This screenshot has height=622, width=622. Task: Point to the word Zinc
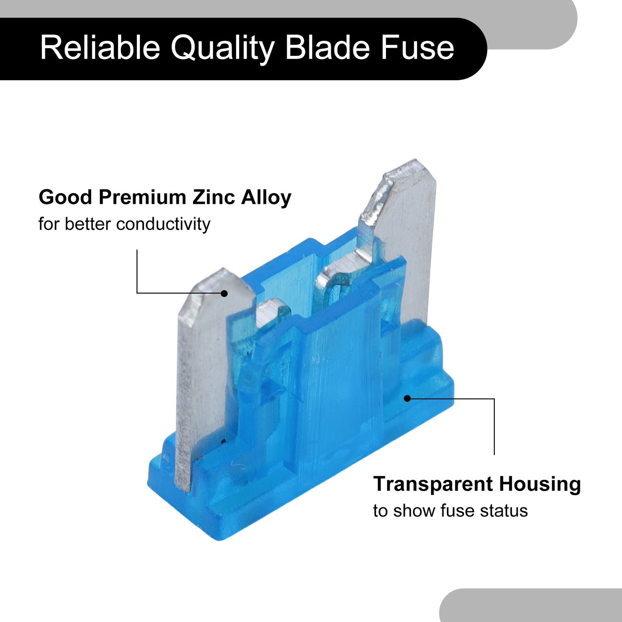point(214,197)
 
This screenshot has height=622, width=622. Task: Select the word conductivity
point(163,224)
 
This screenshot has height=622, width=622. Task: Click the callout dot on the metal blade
point(224,293)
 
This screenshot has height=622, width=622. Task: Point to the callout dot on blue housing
point(407,398)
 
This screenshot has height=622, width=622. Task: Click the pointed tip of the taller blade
point(416,160)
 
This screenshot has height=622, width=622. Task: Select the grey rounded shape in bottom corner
point(531,605)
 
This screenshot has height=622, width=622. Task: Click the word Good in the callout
point(65,197)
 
